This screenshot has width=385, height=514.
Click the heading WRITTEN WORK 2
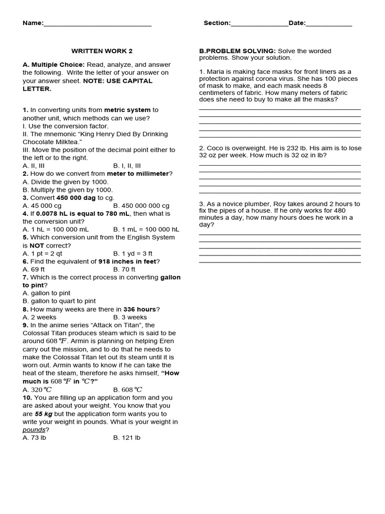pyautogui.click(x=102, y=51)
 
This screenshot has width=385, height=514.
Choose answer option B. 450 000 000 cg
pyautogui.click(x=141, y=206)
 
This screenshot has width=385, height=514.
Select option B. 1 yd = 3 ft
pyautogui.click(x=133, y=254)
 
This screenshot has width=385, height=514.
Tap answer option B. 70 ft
pyautogui.click(x=124, y=270)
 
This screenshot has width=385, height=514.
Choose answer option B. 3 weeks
pyautogui.click(x=130, y=317)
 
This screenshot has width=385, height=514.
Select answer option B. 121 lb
pyautogui.click(x=127, y=438)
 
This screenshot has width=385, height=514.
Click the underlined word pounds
pyautogui.click(x=34, y=430)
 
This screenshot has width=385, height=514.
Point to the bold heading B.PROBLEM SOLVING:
pyautogui.click(x=237, y=51)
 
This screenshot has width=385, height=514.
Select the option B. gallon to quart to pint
pyautogui.click(x=59, y=301)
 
